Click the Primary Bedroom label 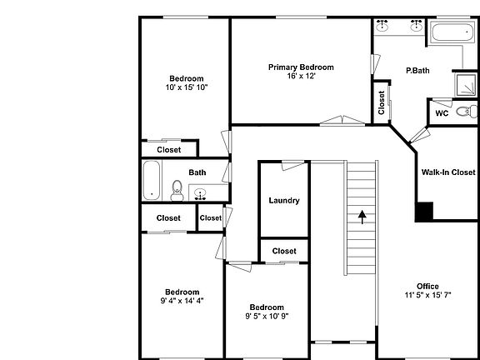click(x=301, y=67)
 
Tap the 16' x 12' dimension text click(x=301, y=76)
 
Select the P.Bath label click(x=417, y=71)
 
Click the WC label click(x=442, y=112)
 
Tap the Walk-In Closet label click(x=447, y=172)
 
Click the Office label click(x=427, y=286)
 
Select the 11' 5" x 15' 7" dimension click(x=427, y=295)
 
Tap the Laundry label click(x=284, y=200)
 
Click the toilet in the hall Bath click(x=177, y=192)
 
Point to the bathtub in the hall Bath click(x=152, y=181)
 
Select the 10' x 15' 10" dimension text click(x=186, y=87)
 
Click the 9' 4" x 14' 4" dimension click(x=182, y=301)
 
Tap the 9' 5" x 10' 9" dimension click(x=267, y=316)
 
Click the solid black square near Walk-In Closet click(x=424, y=212)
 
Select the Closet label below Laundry click(x=284, y=251)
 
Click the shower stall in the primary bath click(x=464, y=83)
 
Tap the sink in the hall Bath click(x=201, y=195)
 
